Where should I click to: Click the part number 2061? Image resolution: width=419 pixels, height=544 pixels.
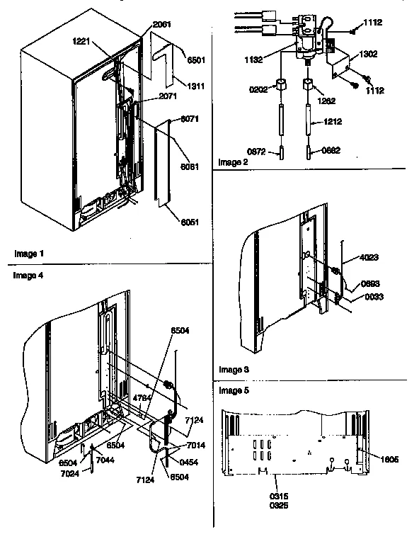pos(162,23)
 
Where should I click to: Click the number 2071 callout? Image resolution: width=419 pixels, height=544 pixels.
pos(167,96)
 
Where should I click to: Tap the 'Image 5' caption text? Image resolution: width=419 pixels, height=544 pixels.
pos(234,390)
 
